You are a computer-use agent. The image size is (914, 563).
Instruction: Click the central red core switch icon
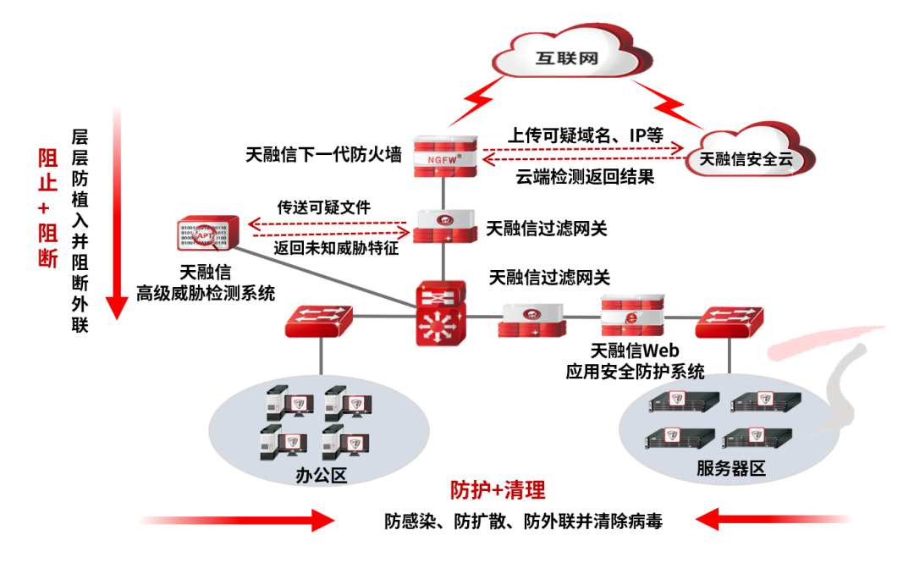(439, 314)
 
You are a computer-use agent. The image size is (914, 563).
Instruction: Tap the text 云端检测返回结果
(585, 178)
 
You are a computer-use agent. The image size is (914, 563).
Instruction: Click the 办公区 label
(322, 475)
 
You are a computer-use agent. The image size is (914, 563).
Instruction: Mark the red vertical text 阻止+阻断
(47, 208)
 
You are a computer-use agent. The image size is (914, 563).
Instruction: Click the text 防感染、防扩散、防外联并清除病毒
(523, 521)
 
